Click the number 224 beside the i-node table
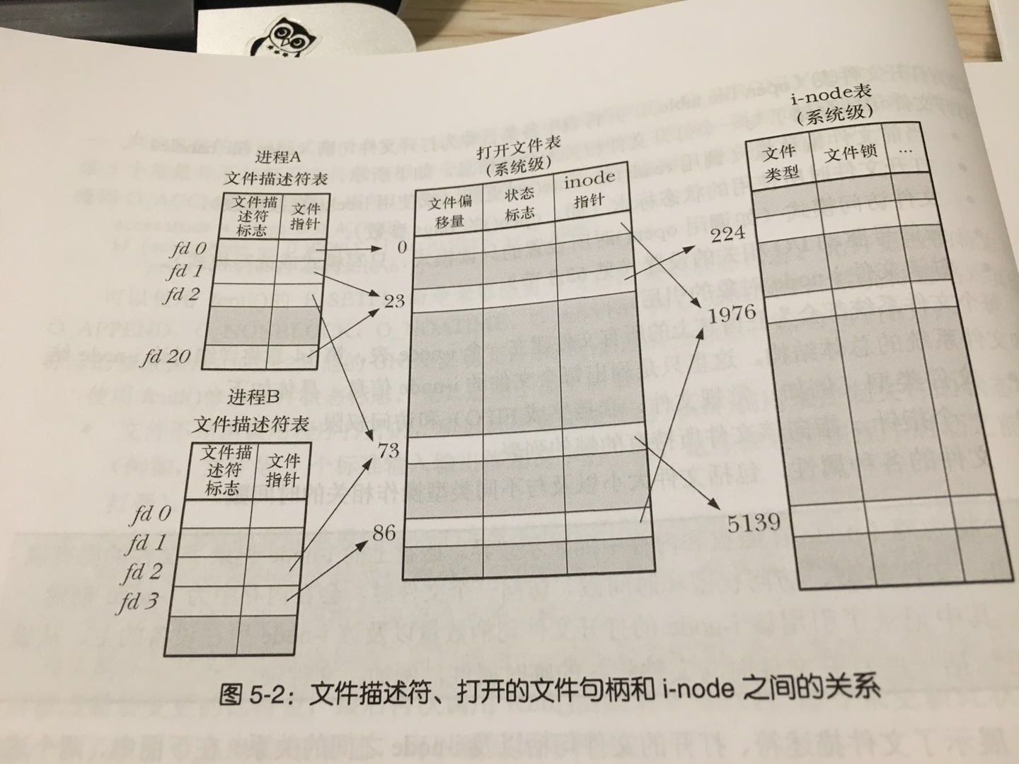click(727, 233)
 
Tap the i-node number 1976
click(732, 313)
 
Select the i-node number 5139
click(754, 523)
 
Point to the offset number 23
click(393, 301)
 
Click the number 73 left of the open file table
click(388, 450)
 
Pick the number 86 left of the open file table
click(384, 532)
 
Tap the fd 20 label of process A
click(165, 357)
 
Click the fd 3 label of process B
click(139, 602)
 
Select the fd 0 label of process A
click(188, 248)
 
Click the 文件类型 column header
click(781, 162)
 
